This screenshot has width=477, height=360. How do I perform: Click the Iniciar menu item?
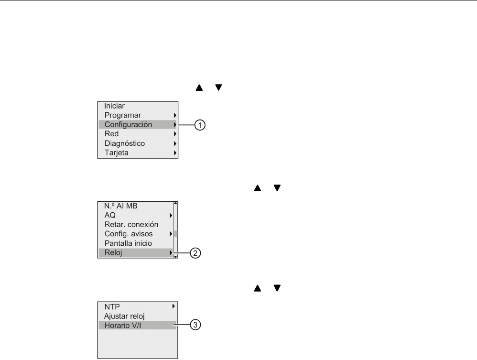(114, 105)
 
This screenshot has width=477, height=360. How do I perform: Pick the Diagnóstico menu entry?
(124, 143)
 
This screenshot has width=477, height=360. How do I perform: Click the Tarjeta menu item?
(116, 153)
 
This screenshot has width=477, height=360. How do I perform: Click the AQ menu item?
(110, 215)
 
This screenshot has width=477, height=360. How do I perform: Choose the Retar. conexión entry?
(131, 224)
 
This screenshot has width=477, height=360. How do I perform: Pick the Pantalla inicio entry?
(128, 243)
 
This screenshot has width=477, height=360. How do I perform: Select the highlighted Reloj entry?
(113, 253)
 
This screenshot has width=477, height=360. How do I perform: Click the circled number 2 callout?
(195, 253)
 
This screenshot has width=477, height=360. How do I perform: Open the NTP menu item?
(111, 306)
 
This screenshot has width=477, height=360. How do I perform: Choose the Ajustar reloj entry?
(124, 316)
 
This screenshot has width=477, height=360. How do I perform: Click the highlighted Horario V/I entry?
(123, 325)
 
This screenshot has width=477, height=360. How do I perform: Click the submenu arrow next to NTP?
(174, 306)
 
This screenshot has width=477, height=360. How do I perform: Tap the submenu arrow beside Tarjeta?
(175, 153)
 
